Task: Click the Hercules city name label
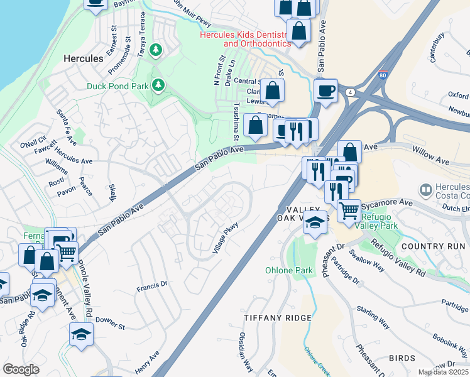84,58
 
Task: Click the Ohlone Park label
288,270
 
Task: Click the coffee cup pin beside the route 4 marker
326,90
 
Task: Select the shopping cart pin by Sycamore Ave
349,210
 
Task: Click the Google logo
21,369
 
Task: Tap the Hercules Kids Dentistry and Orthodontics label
245,39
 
